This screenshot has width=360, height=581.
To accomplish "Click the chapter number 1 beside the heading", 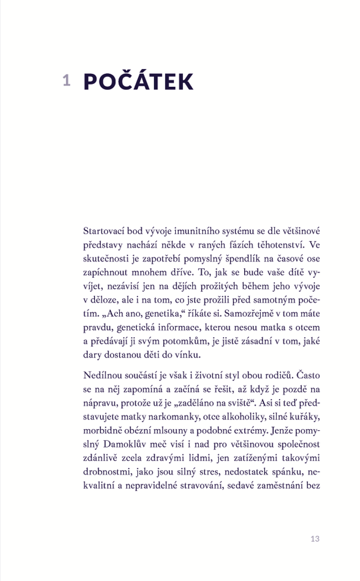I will [x=66, y=80].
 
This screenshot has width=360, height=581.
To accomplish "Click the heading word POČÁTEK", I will [x=139, y=81].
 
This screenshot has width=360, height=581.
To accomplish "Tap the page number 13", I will [x=315, y=539].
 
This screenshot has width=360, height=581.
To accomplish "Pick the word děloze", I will [x=105, y=301].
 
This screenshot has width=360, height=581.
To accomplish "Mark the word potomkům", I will [x=168, y=343].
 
